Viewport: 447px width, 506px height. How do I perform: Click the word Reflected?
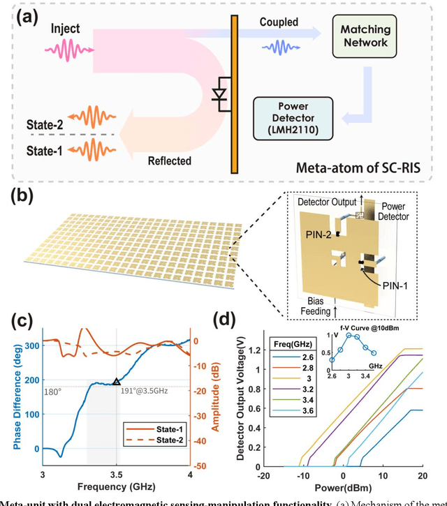170,161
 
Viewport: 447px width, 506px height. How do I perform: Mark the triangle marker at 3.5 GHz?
116,381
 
